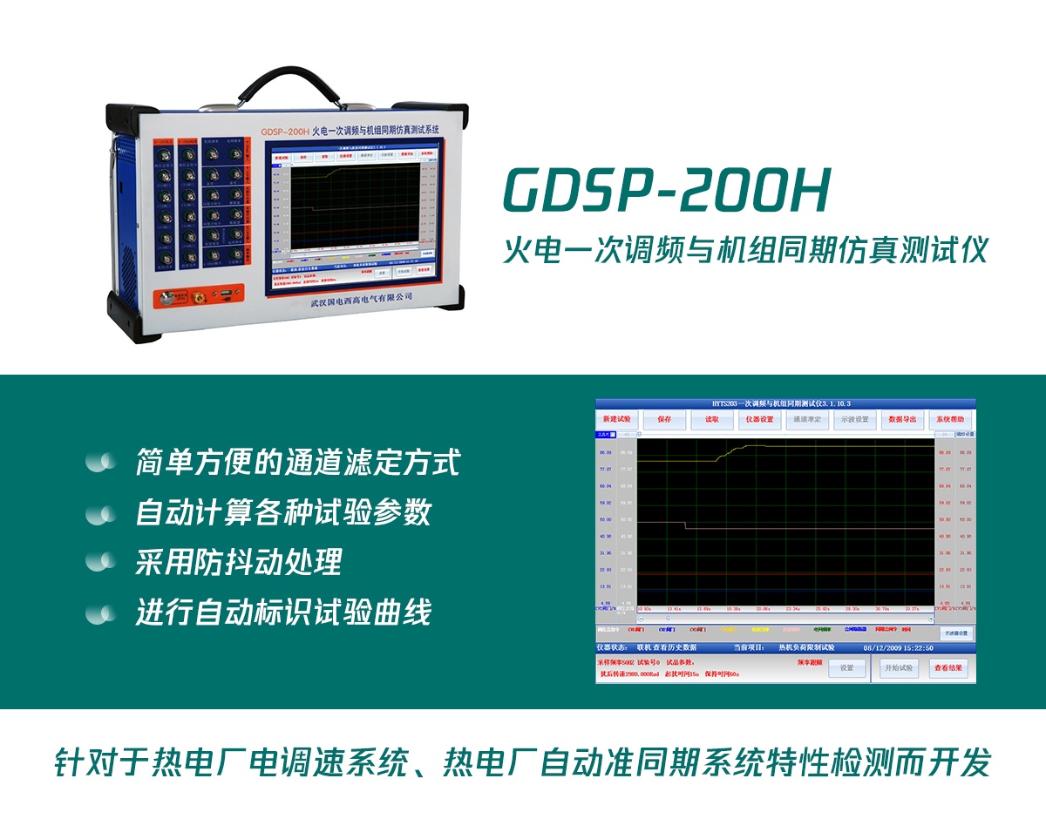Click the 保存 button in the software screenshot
point(664,419)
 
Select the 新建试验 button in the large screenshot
point(616,419)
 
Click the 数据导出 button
point(902,419)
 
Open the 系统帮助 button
point(950,419)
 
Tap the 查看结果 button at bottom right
point(948,668)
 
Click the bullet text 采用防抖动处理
point(238,562)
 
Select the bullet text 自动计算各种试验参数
point(283,512)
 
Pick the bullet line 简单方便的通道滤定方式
point(297,462)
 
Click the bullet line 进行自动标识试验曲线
point(283,613)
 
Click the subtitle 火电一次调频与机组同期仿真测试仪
point(746,251)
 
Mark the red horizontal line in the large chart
point(784,575)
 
